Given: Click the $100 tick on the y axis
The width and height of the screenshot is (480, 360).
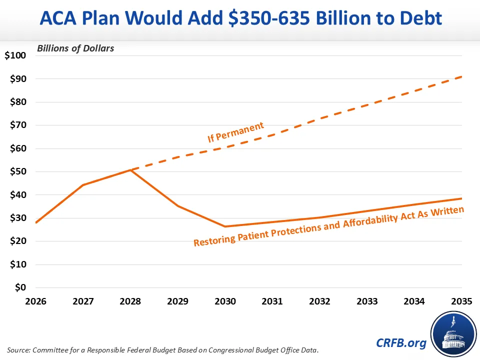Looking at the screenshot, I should click(x=15, y=55).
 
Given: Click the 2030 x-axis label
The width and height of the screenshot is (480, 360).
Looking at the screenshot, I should click(x=225, y=301).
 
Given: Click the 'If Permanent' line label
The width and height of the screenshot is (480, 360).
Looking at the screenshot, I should click(x=235, y=132).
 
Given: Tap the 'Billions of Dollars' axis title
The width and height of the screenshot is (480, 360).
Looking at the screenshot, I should click(x=75, y=48).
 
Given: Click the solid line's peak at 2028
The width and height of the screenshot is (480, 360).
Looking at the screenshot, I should click(x=130, y=170).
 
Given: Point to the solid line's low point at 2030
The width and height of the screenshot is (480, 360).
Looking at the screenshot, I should click(x=225, y=226).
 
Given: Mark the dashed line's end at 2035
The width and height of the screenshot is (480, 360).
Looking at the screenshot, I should click(x=461, y=76).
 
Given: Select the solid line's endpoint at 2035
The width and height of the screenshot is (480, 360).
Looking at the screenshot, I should click(x=461, y=198).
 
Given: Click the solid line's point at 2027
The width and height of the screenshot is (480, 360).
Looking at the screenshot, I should click(x=83, y=185).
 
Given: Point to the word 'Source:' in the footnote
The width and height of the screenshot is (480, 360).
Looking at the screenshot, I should click(x=18, y=348).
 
